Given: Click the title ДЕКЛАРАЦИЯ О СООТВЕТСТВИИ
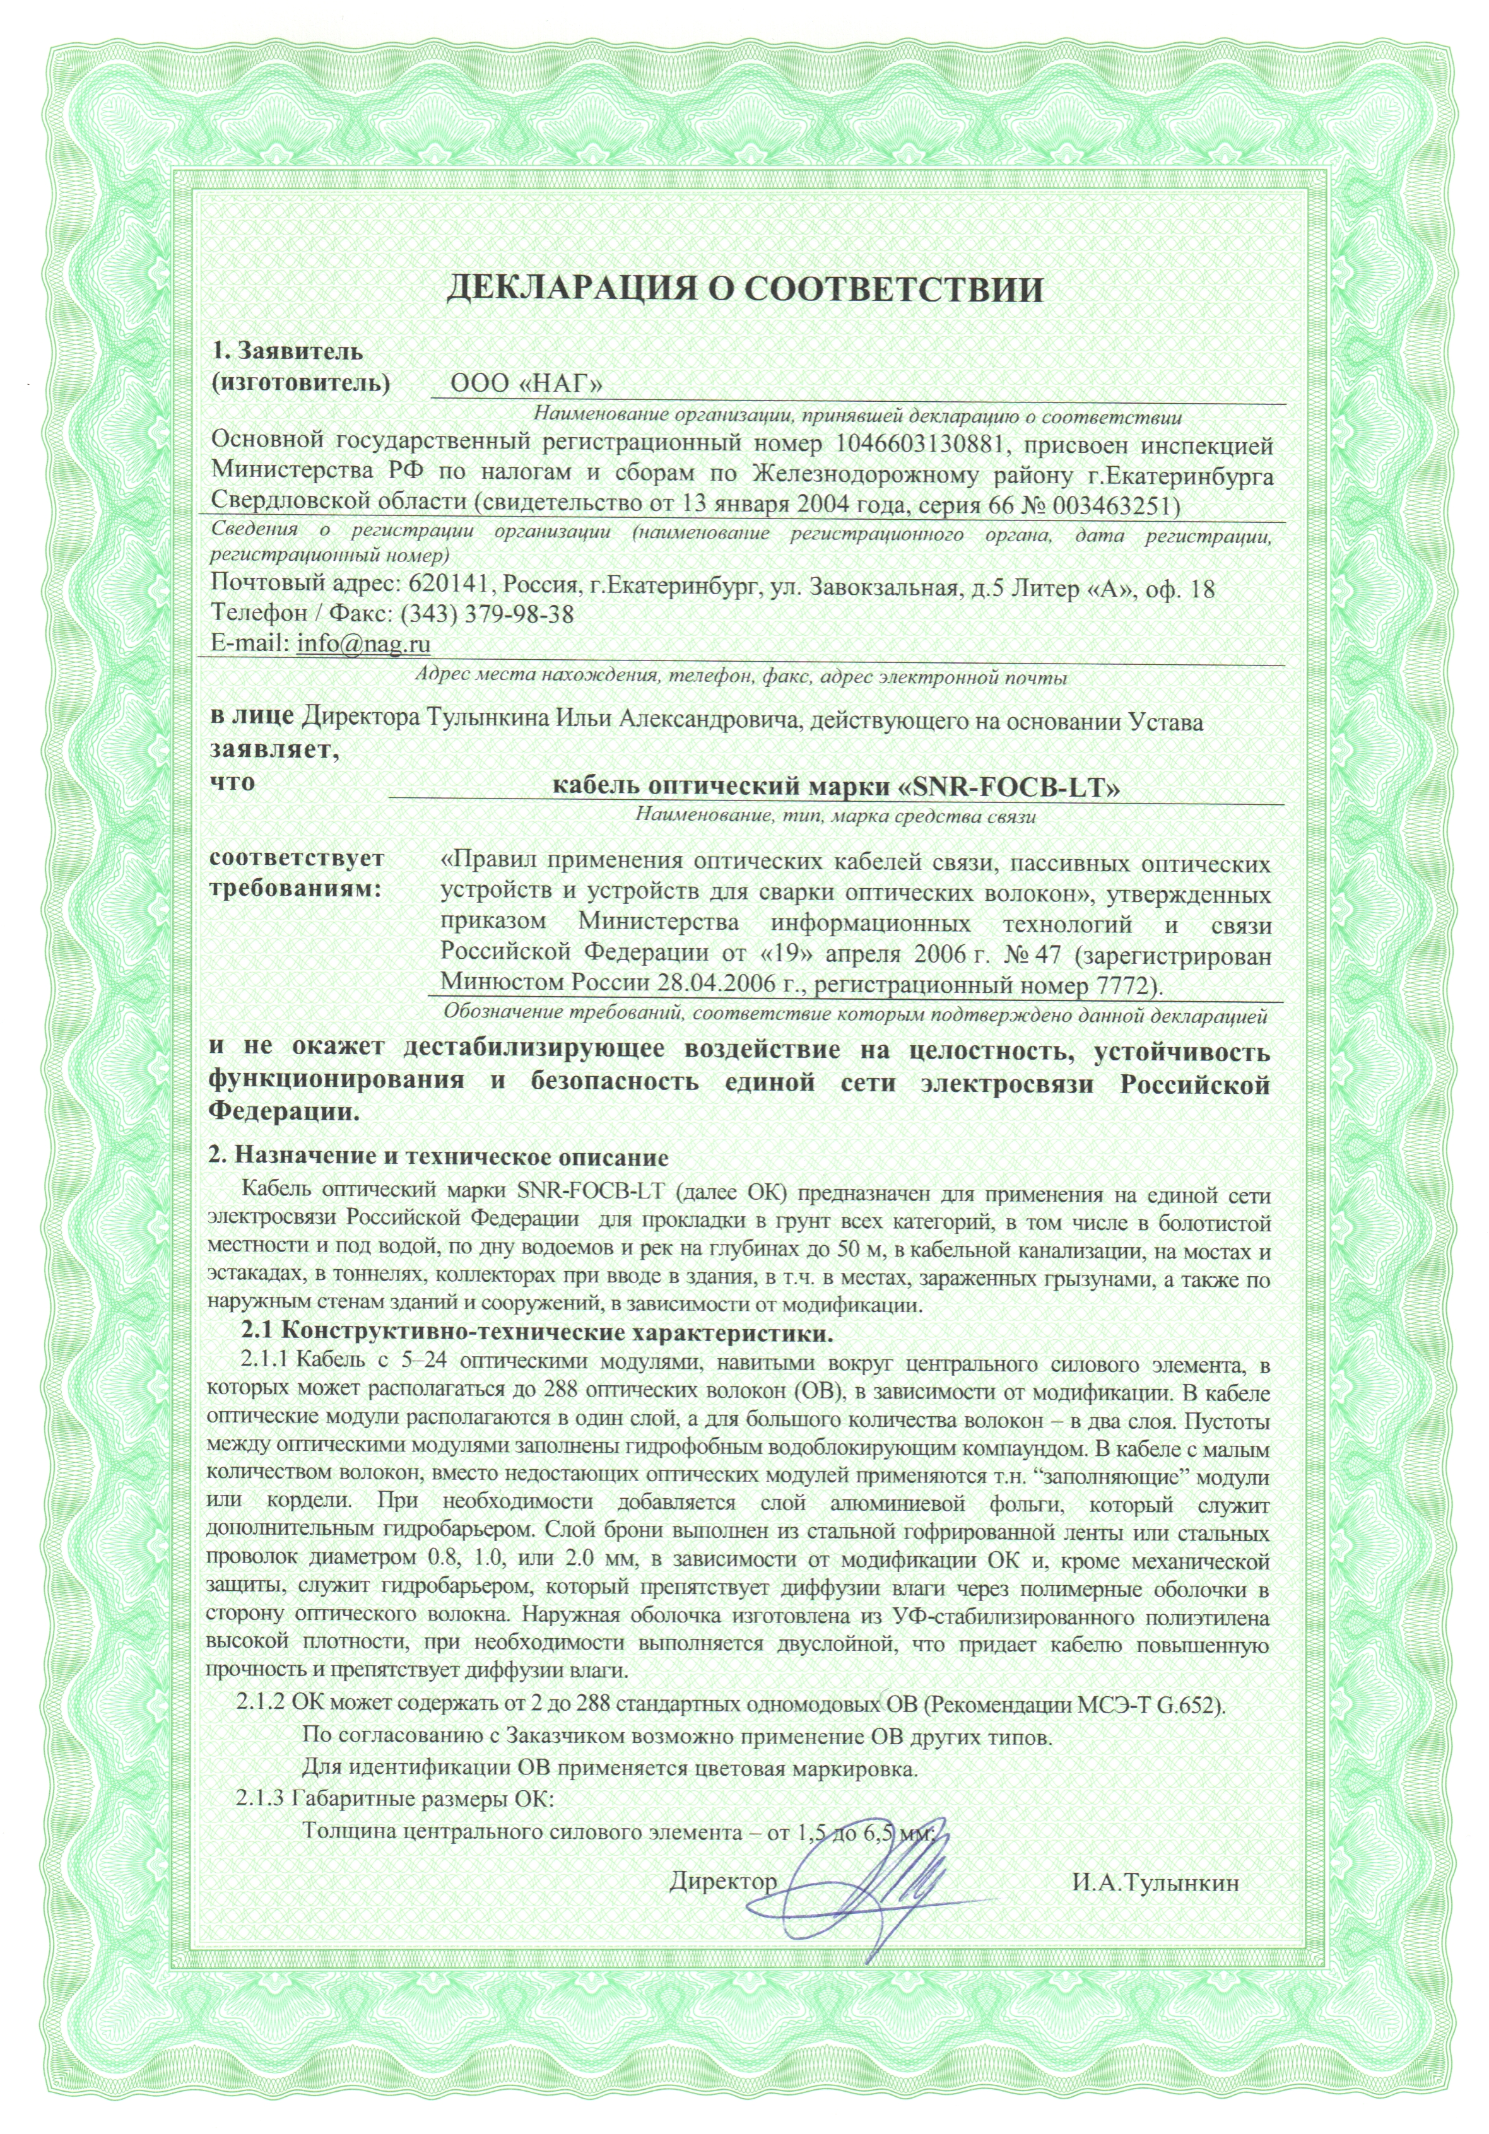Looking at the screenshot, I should coord(744,289).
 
